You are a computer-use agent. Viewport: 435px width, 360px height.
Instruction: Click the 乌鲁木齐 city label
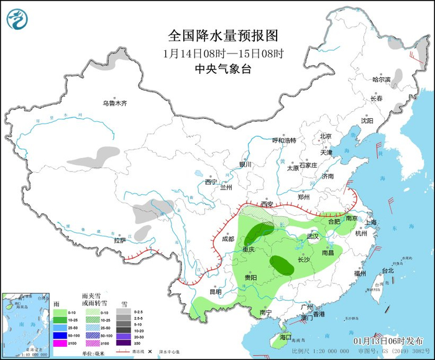(114, 103)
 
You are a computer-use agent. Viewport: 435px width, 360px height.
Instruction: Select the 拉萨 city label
(120, 240)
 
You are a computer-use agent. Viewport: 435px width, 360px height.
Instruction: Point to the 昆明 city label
(215, 291)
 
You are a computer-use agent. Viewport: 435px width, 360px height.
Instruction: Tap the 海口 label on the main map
(285, 336)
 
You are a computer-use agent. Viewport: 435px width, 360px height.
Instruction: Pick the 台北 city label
(387, 270)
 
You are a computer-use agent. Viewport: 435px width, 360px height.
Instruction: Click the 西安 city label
(267, 204)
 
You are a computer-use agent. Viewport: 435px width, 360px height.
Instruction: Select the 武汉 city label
(313, 237)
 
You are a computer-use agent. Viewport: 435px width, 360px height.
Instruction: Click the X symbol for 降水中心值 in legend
(150, 352)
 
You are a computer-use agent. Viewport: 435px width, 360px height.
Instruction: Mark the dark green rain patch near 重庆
(254, 235)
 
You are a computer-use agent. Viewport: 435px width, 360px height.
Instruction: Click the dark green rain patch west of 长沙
(282, 265)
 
